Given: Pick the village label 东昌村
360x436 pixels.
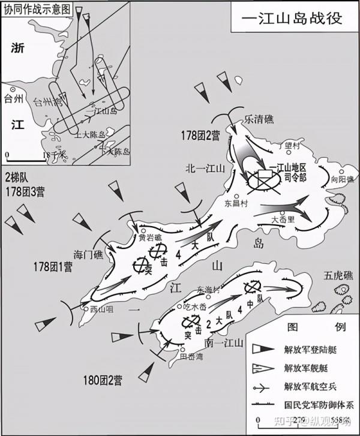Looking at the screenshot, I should (x=236, y=204).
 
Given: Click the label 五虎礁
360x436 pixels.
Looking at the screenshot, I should (x=336, y=276).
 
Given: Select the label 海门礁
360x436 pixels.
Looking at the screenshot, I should (x=89, y=254).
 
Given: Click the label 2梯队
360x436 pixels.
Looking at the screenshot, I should (x=18, y=179).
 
